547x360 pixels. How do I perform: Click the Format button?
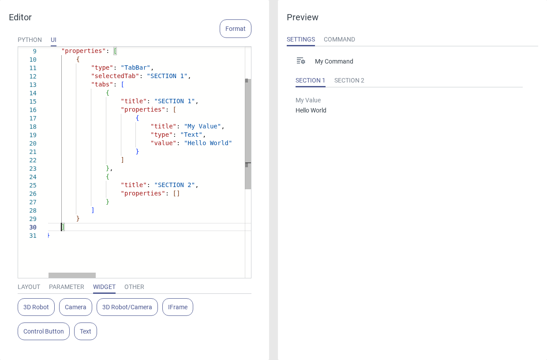click(x=235, y=29)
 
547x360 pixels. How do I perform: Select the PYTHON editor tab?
click(x=30, y=40)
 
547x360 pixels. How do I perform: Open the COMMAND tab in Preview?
click(x=339, y=39)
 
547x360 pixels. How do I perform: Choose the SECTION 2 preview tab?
click(x=349, y=80)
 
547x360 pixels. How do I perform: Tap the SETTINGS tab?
click(x=300, y=39)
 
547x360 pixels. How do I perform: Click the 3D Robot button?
click(x=36, y=307)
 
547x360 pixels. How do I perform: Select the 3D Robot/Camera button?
click(x=127, y=307)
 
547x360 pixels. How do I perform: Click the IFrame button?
click(x=177, y=307)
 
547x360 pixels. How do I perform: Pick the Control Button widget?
click(x=44, y=331)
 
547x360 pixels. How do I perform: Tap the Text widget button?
click(x=86, y=331)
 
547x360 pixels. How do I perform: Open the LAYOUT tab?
click(x=29, y=287)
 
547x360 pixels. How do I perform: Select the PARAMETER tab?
click(x=67, y=287)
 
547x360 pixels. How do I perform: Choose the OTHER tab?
click(x=134, y=287)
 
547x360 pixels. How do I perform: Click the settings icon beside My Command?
click(x=301, y=61)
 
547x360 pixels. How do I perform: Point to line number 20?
click(x=33, y=143)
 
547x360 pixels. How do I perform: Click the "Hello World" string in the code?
click(x=208, y=143)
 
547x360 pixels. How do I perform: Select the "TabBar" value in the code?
click(x=135, y=67)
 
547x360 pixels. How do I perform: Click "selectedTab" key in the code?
click(x=115, y=76)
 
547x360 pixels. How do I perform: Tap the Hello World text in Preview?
click(x=311, y=110)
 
